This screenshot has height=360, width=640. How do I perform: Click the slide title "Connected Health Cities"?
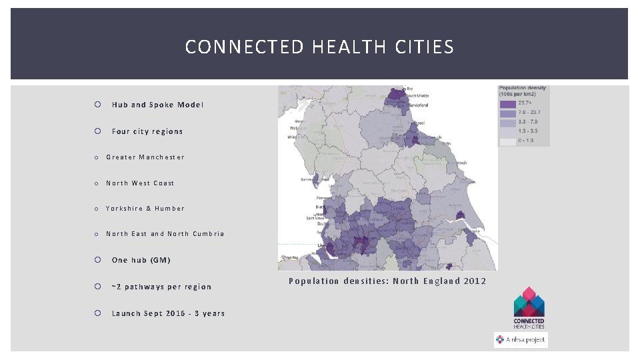click(x=319, y=47)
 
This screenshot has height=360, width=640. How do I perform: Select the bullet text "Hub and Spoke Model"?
click(x=157, y=105)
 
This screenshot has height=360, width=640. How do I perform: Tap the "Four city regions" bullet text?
click(x=147, y=131)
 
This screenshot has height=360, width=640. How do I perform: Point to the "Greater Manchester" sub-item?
click(x=145, y=157)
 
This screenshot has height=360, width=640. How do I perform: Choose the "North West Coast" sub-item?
click(x=139, y=183)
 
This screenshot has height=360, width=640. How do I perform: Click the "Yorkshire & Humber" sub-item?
click(x=145, y=209)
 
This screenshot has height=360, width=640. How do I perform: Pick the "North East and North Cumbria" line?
click(x=165, y=234)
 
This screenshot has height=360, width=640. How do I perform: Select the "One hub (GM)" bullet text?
click(x=141, y=260)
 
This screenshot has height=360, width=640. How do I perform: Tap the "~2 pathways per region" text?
click(x=161, y=287)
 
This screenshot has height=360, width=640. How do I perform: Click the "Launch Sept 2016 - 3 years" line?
click(x=168, y=313)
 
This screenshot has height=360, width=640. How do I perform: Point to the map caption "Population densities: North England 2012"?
click(x=387, y=281)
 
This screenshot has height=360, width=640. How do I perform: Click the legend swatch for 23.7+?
click(x=507, y=104)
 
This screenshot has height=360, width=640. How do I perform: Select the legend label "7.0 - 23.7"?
click(x=530, y=113)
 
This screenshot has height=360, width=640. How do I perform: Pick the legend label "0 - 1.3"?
click(x=527, y=141)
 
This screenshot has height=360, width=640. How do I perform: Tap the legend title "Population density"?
click(x=523, y=89)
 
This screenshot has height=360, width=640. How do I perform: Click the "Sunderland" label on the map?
click(x=416, y=105)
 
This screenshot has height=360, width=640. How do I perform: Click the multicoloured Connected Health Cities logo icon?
click(x=529, y=301)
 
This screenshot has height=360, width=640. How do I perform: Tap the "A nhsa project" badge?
click(x=521, y=339)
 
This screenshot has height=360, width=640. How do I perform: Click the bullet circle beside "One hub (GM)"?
click(x=97, y=260)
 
